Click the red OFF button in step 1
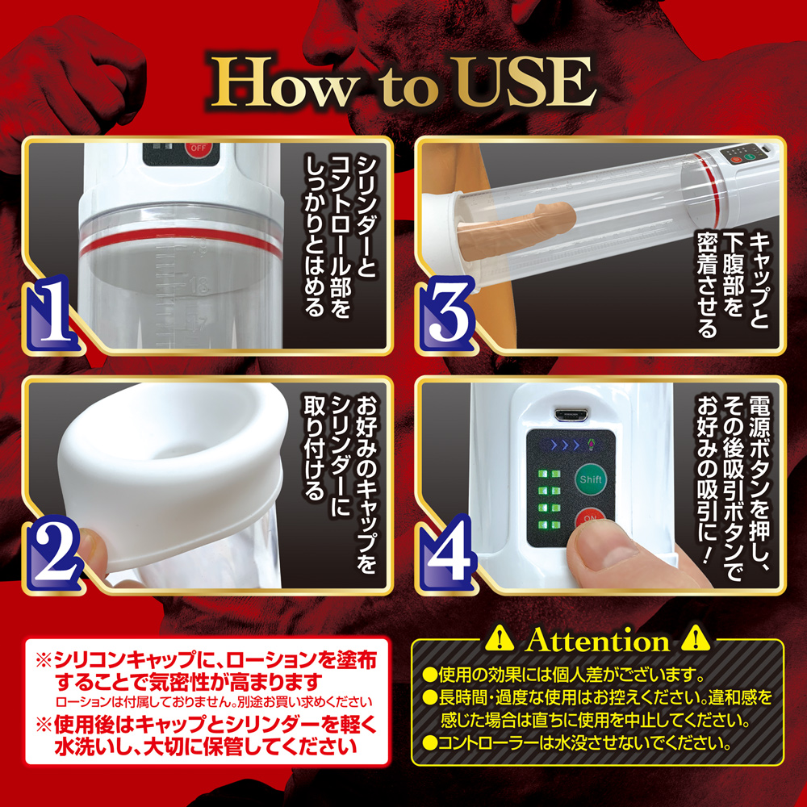pyautogui.click(x=197, y=148)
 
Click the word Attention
pyautogui.click(x=597, y=642)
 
